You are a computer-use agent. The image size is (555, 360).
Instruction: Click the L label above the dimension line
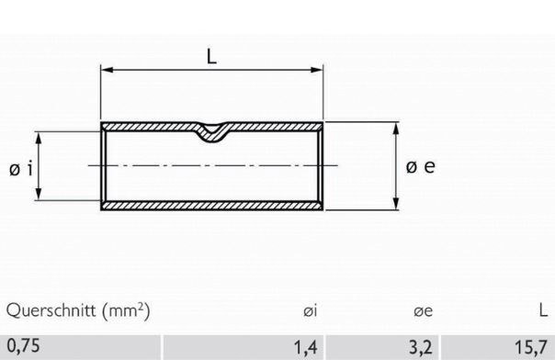coord(211,56)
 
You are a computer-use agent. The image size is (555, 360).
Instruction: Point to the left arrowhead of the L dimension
coord(105,69)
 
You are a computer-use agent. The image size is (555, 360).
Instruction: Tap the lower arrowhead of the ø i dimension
coord(40,195)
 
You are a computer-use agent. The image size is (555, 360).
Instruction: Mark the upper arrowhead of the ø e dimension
coord(396,129)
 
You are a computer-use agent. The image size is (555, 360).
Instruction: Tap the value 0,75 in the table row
coord(22,347)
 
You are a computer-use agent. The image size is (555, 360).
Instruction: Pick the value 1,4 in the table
coord(307,347)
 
